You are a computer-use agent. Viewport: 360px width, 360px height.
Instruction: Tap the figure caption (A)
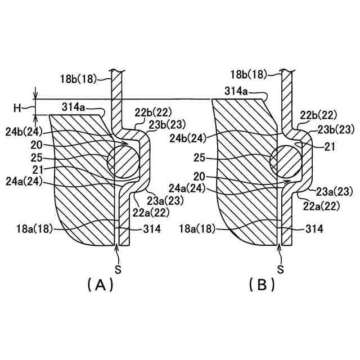coord(101,285)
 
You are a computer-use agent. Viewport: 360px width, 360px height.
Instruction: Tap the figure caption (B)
coord(262,285)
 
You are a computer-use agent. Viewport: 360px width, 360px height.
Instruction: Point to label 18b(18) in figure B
coord(250,74)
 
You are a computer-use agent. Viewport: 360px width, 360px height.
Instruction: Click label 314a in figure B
coord(237,91)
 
